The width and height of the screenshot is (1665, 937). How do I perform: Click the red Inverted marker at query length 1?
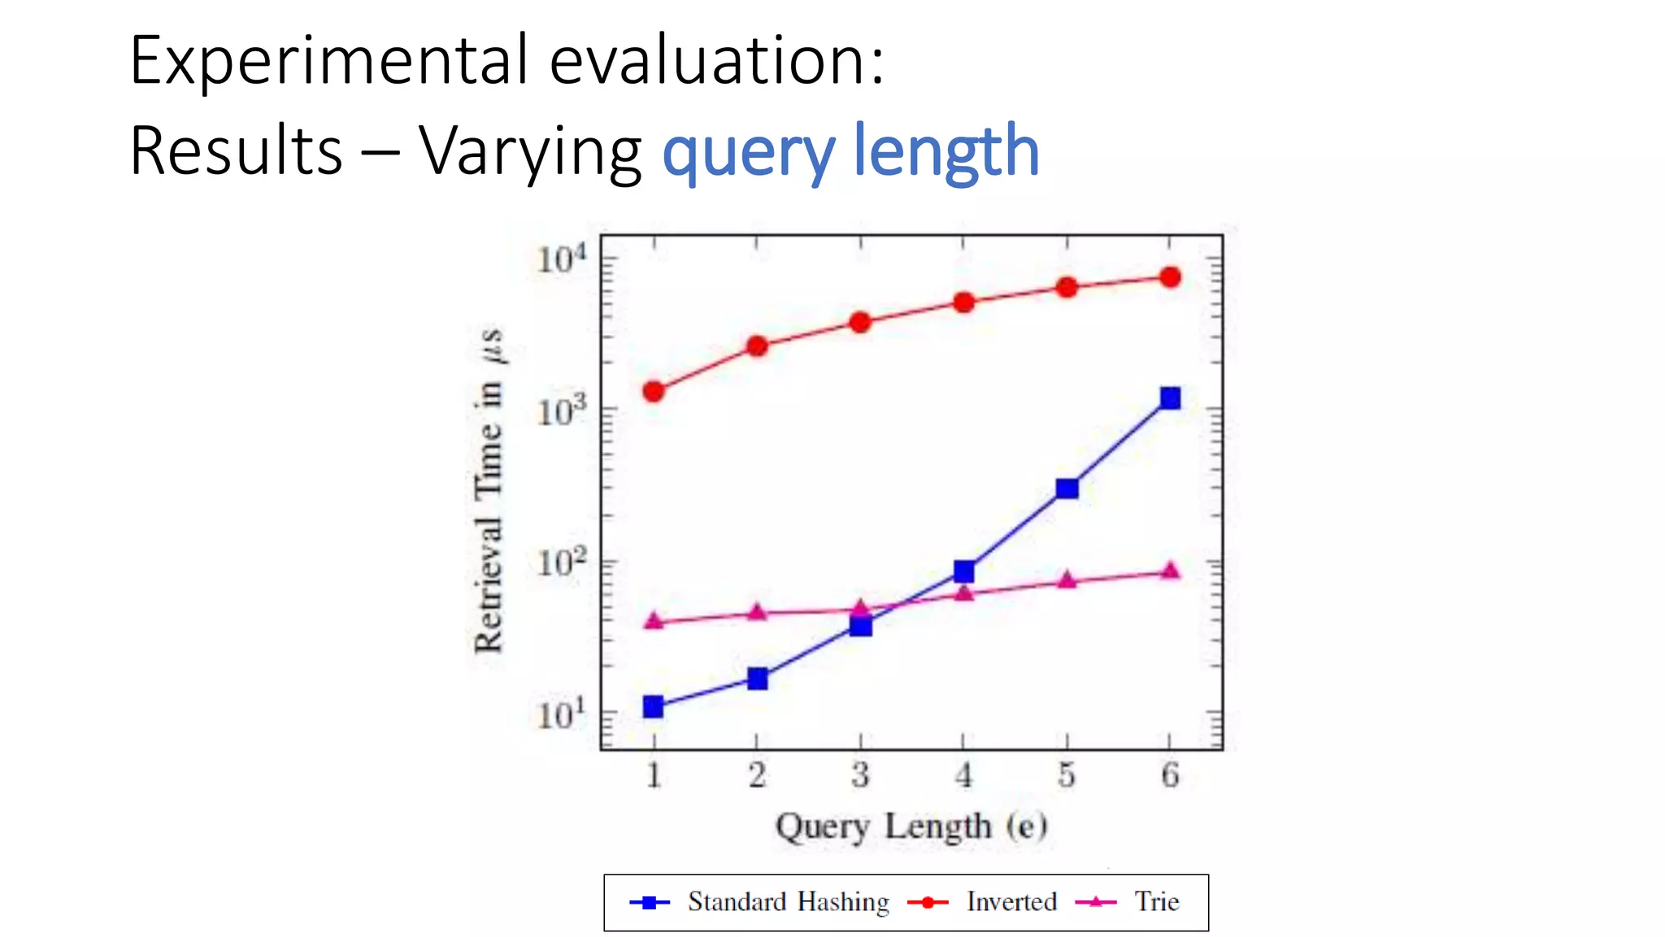click(654, 391)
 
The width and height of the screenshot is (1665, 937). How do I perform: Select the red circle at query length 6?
click(1170, 277)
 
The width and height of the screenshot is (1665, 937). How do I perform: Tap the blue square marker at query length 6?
click(1170, 398)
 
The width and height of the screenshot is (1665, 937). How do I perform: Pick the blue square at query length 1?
click(653, 706)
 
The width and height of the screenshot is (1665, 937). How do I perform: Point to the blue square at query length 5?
click(1067, 488)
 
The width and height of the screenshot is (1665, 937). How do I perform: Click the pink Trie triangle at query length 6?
click(1170, 571)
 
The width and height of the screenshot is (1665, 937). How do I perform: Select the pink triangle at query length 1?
click(654, 621)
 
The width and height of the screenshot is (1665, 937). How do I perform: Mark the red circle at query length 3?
click(860, 322)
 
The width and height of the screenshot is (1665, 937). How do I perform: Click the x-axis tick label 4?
click(963, 775)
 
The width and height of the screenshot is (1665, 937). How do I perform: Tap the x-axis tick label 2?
click(757, 775)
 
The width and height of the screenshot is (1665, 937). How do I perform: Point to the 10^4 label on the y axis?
click(561, 259)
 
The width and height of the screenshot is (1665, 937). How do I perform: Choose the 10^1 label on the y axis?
click(561, 714)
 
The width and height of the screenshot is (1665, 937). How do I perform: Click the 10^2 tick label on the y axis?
click(561, 562)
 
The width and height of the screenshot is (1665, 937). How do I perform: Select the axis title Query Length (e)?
click(911, 826)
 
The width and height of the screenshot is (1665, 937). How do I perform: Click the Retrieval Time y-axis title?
click(489, 491)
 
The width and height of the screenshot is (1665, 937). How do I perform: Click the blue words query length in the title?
click(850, 151)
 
